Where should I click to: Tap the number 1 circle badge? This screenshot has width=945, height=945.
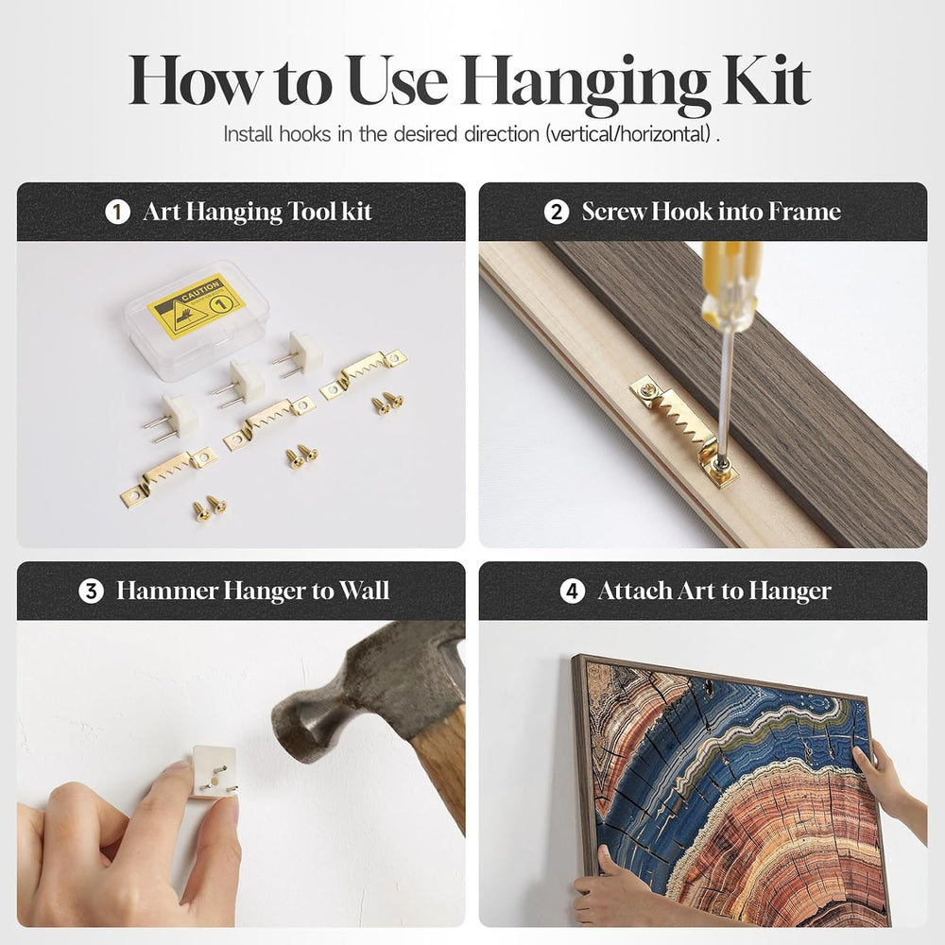(117, 212)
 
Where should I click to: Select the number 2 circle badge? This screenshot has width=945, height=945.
(556, 212)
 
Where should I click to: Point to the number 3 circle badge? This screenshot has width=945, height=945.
(91, 592)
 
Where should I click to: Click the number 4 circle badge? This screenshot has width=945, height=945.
(572, 592)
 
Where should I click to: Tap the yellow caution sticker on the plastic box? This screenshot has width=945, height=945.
(197, 305)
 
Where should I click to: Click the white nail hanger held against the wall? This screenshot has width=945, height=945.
(214, 772)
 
